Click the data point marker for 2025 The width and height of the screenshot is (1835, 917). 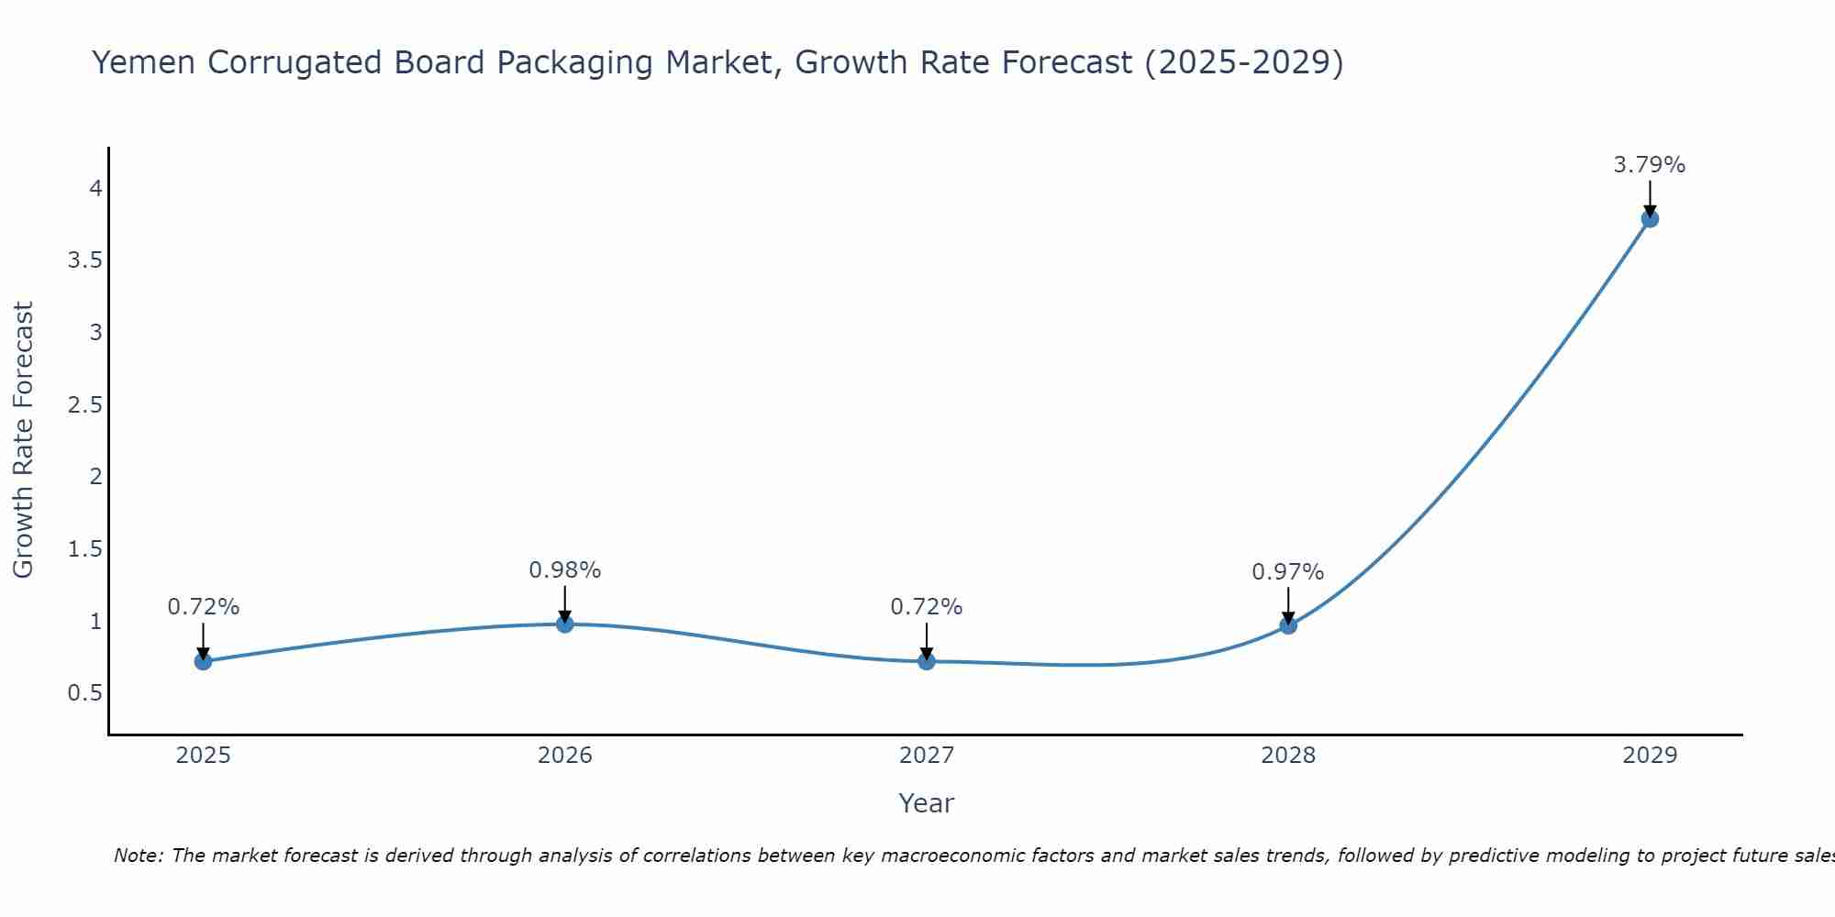pos(204,661)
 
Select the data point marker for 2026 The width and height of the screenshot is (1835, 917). pos(565,624)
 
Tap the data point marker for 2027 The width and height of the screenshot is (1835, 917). pos(927,661)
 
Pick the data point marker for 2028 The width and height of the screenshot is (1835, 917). pos(1288,625)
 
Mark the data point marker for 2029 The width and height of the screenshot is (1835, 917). pos(1650,218)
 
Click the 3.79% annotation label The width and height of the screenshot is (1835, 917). pos(1649,165)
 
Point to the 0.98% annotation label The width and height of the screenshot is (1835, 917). pos(564,570)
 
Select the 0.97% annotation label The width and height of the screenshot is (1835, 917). pos(1287,572)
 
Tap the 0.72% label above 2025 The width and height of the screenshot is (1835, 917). pos(203,607)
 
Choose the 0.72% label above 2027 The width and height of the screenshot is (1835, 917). pos(926,607)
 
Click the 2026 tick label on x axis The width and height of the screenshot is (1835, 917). pos(565,756)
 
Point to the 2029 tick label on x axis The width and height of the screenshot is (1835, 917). pos(1650,756)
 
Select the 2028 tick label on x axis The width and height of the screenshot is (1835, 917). pos(1288,756)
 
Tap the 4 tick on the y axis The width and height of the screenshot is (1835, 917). pos(95,189)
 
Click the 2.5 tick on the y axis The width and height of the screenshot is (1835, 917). pos(85,404)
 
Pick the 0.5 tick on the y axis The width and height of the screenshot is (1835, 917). pos(85,693)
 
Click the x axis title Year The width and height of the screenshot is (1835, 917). pos(927,803)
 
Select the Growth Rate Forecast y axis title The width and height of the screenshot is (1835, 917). pos(23,440)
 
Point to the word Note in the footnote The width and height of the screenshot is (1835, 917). pos(138,856)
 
